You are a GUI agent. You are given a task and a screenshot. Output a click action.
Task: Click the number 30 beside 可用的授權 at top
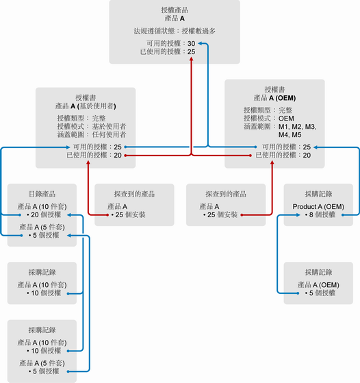192,43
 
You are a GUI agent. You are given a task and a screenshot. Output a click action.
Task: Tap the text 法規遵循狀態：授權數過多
175,31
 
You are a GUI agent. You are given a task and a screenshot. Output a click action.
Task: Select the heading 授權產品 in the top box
175,10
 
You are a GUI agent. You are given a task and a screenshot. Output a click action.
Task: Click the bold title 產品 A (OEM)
274,98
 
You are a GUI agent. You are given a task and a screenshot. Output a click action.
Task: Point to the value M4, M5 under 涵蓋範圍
290,135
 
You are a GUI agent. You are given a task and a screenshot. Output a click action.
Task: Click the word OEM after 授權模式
286,119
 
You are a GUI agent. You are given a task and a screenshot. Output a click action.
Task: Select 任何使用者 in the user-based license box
109,134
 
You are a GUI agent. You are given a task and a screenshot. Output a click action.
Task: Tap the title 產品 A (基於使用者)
86,106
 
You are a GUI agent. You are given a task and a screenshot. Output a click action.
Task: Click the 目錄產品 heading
42,194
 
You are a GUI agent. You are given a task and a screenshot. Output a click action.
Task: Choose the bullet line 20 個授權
44,215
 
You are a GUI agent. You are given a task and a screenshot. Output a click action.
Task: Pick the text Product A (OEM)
318,207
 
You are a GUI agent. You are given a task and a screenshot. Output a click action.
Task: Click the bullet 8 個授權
320,215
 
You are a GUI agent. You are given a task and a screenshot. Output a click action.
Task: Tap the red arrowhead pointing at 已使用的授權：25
192,59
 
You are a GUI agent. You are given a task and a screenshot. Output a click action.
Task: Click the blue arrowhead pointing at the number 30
200,43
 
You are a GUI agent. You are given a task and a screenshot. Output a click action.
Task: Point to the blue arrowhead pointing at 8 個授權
298,215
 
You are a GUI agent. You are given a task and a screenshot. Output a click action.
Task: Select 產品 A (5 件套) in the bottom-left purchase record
42,363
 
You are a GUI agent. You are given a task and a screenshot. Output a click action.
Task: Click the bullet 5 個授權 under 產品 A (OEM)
320,293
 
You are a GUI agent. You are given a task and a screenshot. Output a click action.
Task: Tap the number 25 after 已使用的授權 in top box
192,52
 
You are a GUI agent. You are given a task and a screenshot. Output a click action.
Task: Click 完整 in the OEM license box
285,110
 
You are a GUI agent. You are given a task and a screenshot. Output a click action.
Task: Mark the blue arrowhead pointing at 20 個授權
69,215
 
